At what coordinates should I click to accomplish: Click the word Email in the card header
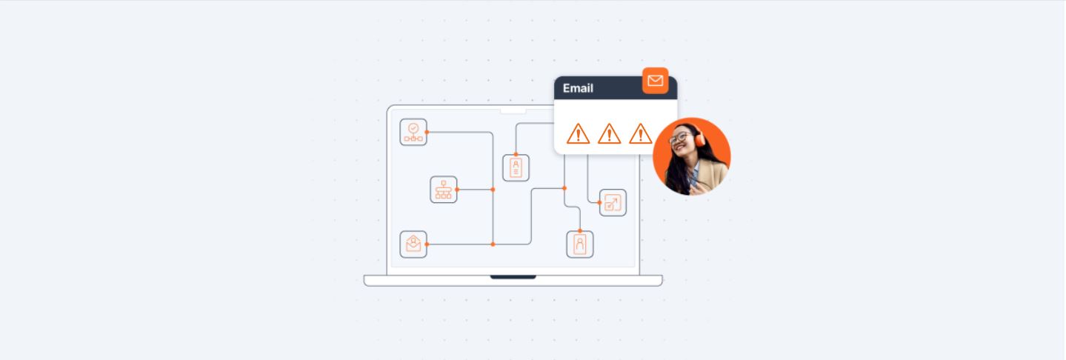click(578, 88)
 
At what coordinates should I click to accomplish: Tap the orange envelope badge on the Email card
click(655, 81)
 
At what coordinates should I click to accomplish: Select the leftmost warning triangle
click(578, 134)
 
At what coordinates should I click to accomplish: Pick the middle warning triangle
click(609, 134)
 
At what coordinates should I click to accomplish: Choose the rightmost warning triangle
click(640, 134)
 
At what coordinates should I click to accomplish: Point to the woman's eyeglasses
click(679, 139)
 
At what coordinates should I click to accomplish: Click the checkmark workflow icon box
click(413, 132)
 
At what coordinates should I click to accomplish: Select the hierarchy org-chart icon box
click(444, 190)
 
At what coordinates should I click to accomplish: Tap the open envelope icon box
click(413, 244)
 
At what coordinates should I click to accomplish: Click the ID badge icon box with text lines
click(516, 167)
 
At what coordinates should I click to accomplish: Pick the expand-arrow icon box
click(613, 202)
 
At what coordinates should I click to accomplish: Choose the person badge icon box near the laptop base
click(580, 244)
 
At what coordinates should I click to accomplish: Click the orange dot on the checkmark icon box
click(427, 132)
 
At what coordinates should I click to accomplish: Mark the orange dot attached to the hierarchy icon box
click(457, 190)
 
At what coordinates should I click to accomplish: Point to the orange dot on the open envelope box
click(427, 244)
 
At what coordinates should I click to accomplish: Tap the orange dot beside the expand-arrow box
click(599, 202)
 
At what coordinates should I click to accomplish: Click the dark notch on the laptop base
click(513, 277)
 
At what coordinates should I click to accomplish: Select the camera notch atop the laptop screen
click(513, 111)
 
